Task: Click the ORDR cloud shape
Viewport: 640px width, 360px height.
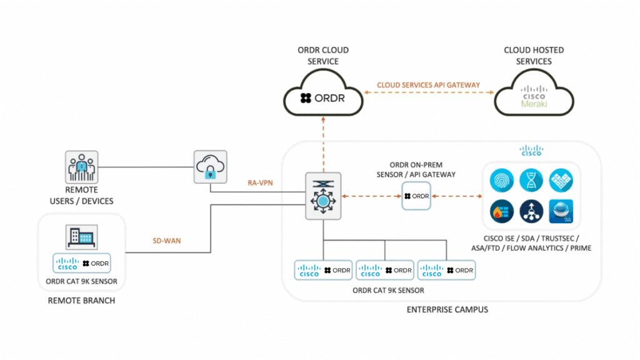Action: [x=324, y=96]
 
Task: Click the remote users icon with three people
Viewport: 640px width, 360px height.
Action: [x=82, y=166]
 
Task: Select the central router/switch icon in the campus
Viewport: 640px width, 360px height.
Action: [x=323, y=196]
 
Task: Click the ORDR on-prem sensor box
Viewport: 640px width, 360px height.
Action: [x=417, y=196]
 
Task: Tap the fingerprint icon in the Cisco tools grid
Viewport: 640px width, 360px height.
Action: [x=503, y=181]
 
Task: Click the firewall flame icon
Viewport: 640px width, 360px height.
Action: [x=503, y=211]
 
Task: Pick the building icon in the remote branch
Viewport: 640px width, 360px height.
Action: [x=82, y=236]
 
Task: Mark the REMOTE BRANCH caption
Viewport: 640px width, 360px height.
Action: [x=81, y=301]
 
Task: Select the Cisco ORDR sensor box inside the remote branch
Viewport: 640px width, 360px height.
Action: [x=82, y=264]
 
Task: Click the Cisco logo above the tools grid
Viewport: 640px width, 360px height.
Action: [x=531, y=151]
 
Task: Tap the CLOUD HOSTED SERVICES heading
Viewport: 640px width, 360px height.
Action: [x=534, y=56]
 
